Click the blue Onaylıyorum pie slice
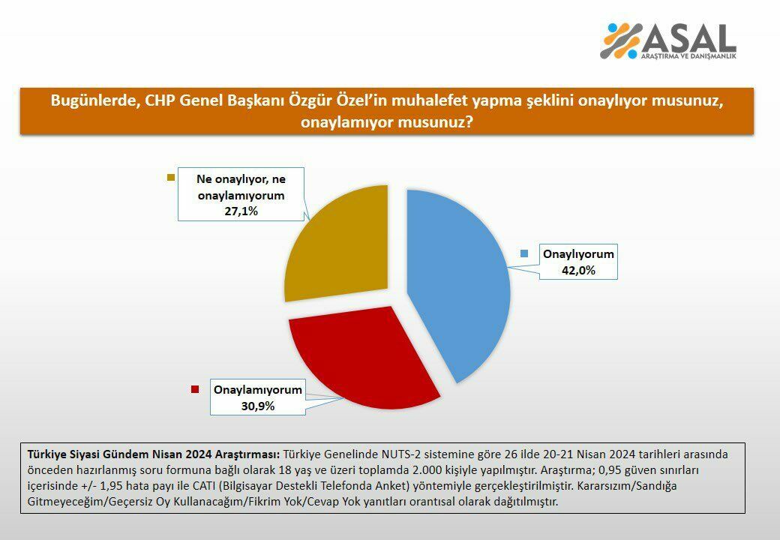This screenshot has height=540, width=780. [465, 285]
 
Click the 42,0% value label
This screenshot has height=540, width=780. [578, 270]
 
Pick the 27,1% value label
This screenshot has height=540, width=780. [241, 211]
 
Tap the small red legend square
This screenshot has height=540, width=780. [195, 389]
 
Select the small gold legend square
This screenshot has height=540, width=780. [170, 178]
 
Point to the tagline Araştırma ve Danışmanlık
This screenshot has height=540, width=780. [688, 57]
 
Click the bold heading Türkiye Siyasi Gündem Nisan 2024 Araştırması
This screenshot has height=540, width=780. [154, 454]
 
